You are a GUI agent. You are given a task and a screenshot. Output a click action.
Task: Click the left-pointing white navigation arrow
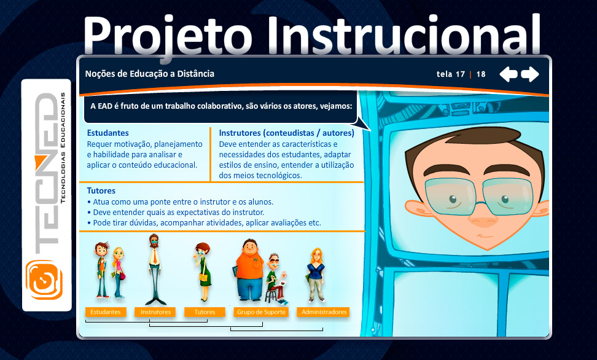509,74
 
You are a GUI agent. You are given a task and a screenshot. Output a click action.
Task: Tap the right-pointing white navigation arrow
529,74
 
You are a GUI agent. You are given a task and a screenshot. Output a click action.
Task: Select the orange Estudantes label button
106,312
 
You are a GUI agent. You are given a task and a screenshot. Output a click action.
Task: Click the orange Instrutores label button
155,312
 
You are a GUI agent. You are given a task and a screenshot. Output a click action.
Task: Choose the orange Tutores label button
205,312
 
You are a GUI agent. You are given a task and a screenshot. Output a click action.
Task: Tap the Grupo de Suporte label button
261,312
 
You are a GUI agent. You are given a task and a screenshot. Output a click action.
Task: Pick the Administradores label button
324,312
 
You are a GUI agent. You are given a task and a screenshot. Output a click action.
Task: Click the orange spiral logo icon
44,280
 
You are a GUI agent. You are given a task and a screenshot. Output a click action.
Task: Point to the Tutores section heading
101,190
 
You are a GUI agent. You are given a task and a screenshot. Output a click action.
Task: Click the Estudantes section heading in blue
107,133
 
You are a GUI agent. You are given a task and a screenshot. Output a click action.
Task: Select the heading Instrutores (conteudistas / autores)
286,133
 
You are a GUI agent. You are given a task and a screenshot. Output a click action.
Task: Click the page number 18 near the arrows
481,74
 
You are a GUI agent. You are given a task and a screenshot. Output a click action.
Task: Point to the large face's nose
483,219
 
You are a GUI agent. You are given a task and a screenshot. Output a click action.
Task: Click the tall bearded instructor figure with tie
154,269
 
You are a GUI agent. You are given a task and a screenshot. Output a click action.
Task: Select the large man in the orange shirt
249,270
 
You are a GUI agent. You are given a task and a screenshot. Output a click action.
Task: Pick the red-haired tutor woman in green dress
203,272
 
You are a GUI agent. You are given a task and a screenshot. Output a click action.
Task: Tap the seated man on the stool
276,279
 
